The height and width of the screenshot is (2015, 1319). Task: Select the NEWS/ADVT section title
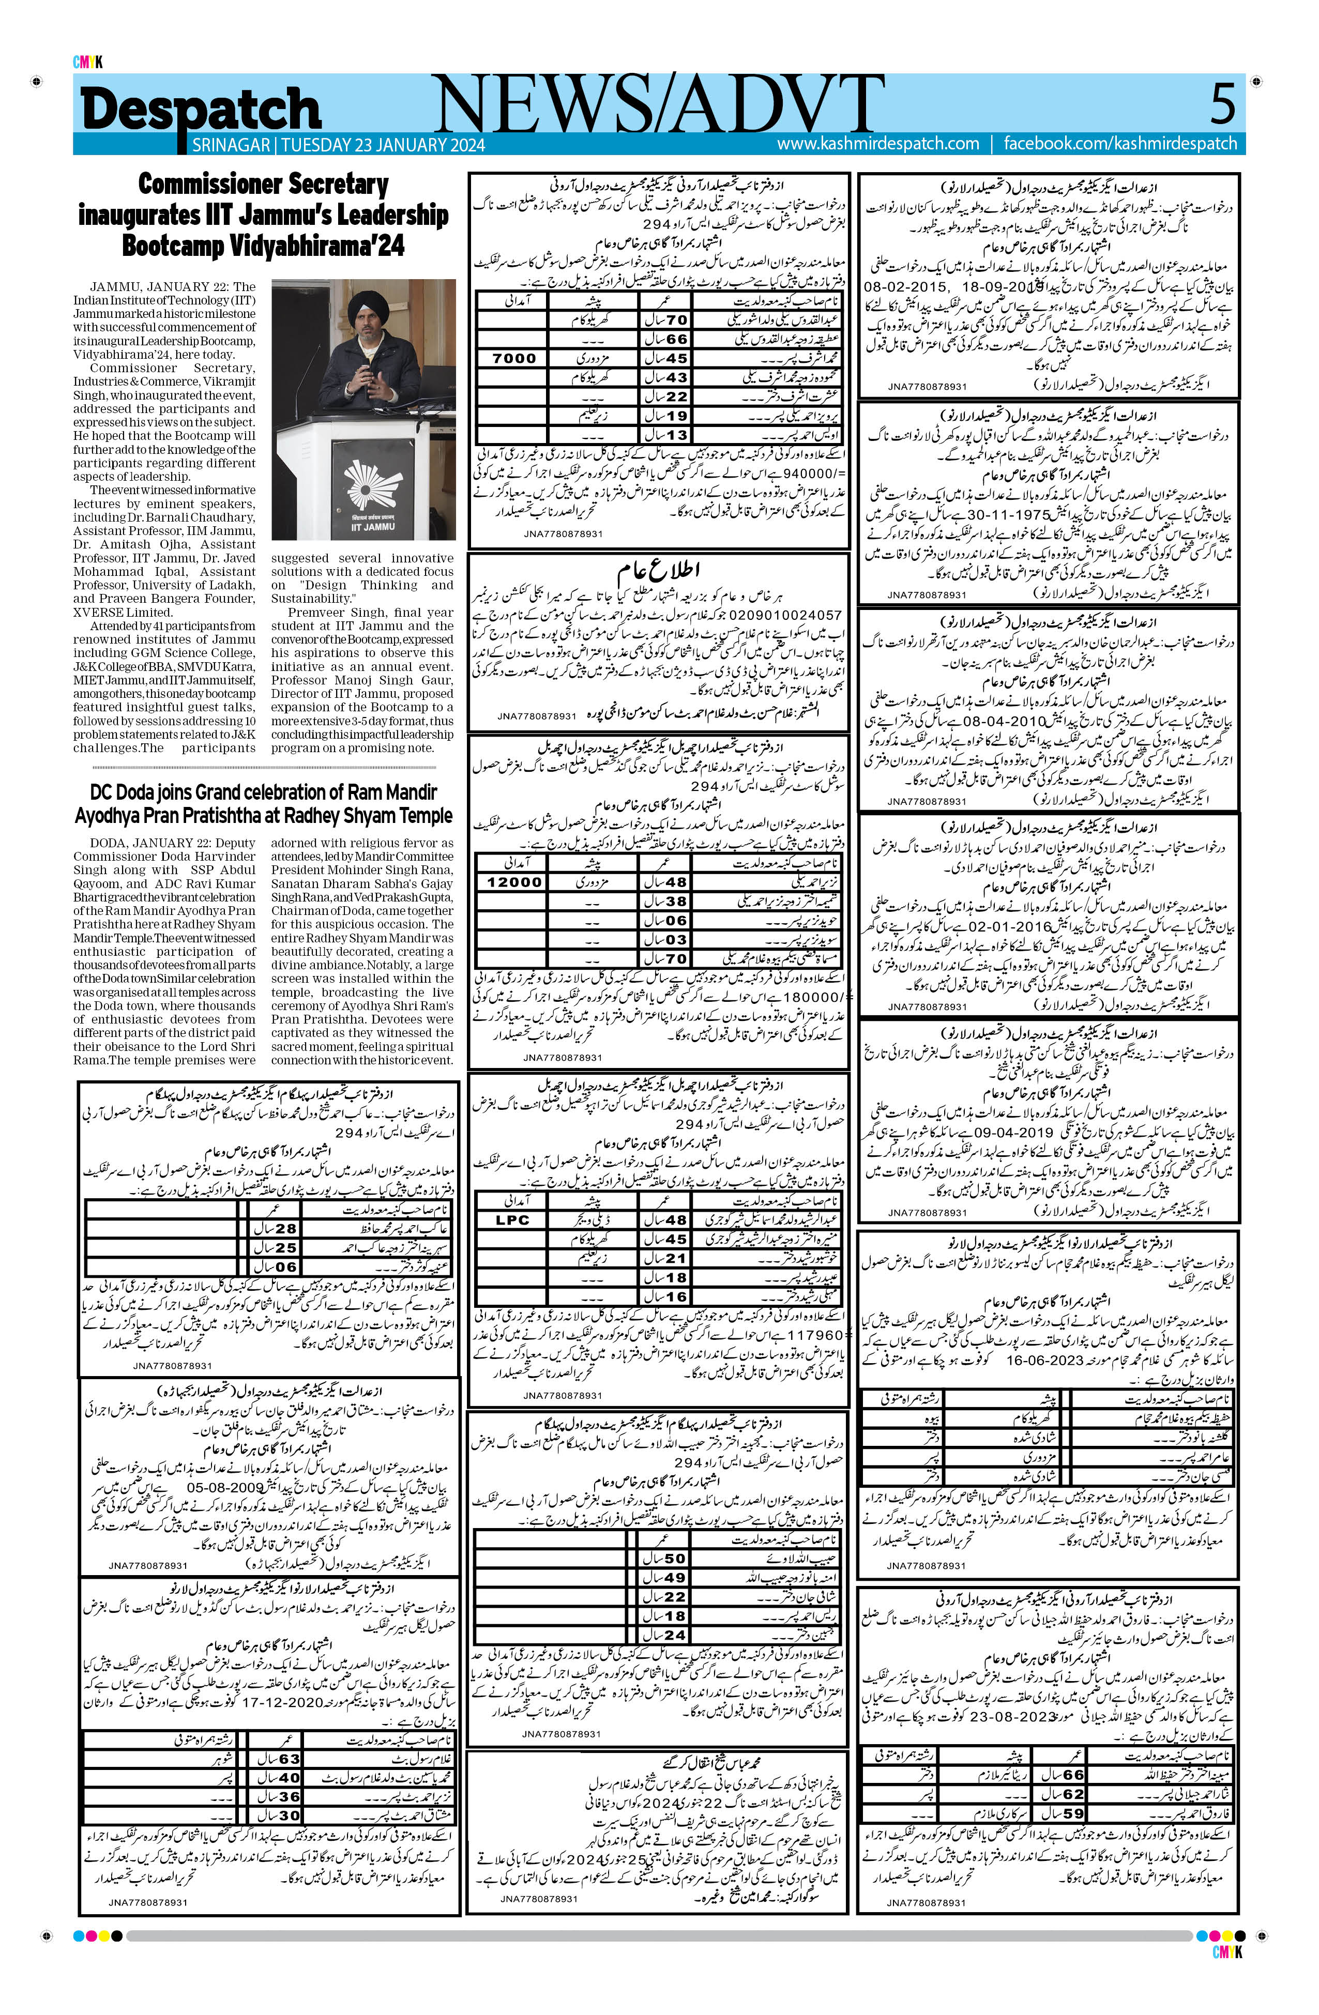pyautogui.click(x=658, y=103)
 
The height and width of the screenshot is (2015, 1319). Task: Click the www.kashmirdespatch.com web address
pyautogui.click(x=878, y=144)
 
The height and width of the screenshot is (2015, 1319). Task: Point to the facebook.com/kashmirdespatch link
pyautogui.click(x=1120, y=144)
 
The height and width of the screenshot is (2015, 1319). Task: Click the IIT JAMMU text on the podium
pyautogui.click(x=372, y=526)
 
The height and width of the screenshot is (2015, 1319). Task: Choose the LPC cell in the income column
pyautogui.click(x=512, y=1220)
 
